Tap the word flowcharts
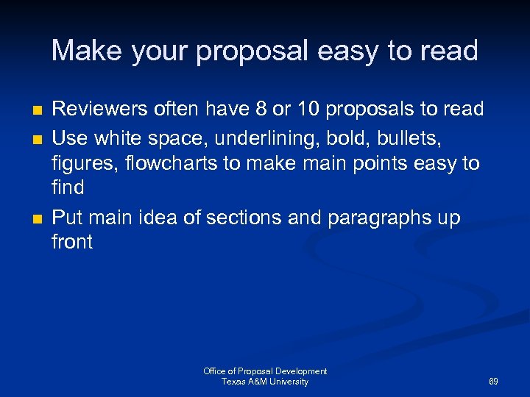tap(166, 162)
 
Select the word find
tap(68, 188)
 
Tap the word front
tap(72, 243)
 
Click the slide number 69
tap(493, 382)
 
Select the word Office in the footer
tap(215, 371)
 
